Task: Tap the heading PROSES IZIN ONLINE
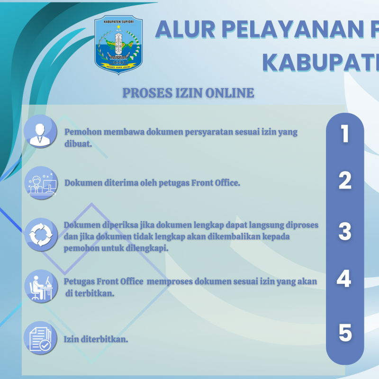point(188,93)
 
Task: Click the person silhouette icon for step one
point(40,131)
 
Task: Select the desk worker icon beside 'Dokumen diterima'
point(40,182)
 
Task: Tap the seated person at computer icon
point(40,285)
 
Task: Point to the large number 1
point(345,134)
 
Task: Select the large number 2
point(345,181)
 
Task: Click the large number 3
point(345,232)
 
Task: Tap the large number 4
point(344,279)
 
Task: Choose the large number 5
point(345,333)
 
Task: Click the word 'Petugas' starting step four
point(78,281)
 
